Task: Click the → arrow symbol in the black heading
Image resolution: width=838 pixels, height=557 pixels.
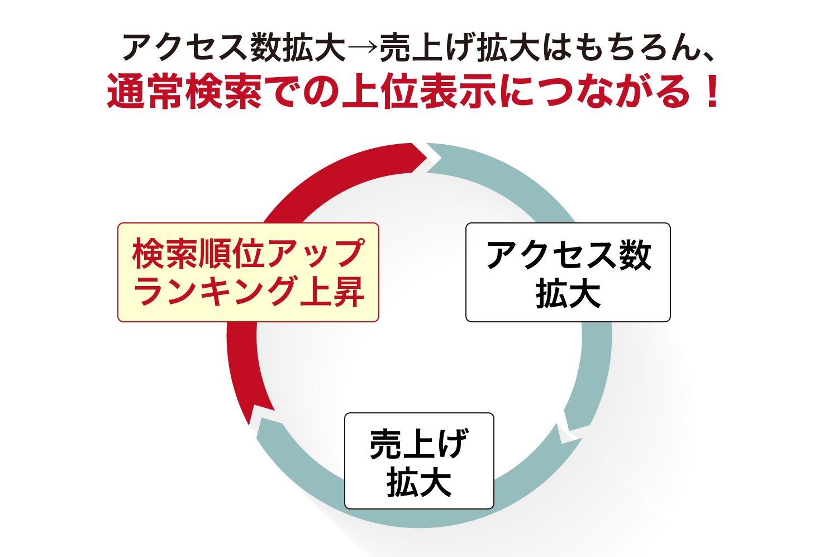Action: click(x=363, y=47)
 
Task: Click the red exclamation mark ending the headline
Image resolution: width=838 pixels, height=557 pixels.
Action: click(x=710, y=91)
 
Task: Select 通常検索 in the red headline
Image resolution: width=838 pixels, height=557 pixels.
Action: click(x=184, y=91)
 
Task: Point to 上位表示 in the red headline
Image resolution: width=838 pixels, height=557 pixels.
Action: click(x=418, y=91)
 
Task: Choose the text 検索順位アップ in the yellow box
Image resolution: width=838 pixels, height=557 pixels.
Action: click(x=248, y=254)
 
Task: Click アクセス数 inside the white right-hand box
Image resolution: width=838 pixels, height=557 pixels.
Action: click(x=569, y=255)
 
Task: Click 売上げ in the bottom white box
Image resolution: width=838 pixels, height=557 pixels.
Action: click(x=419, y=444)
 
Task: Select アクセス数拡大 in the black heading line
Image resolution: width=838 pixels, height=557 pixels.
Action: click(x=234, y=47)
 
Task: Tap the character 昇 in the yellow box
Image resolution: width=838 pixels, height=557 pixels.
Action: click(x=348, y=291)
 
